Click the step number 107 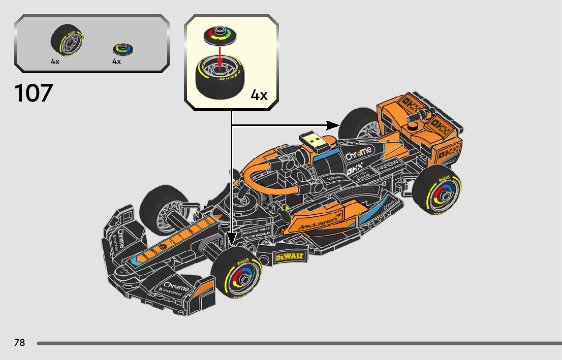34,93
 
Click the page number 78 19,343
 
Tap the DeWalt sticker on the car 289,257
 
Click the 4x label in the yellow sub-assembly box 259,95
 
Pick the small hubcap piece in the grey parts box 123,49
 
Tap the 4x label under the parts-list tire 55,61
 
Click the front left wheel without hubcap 162,210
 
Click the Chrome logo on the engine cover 358,153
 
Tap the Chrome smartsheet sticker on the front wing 175,289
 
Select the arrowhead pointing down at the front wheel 232,239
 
